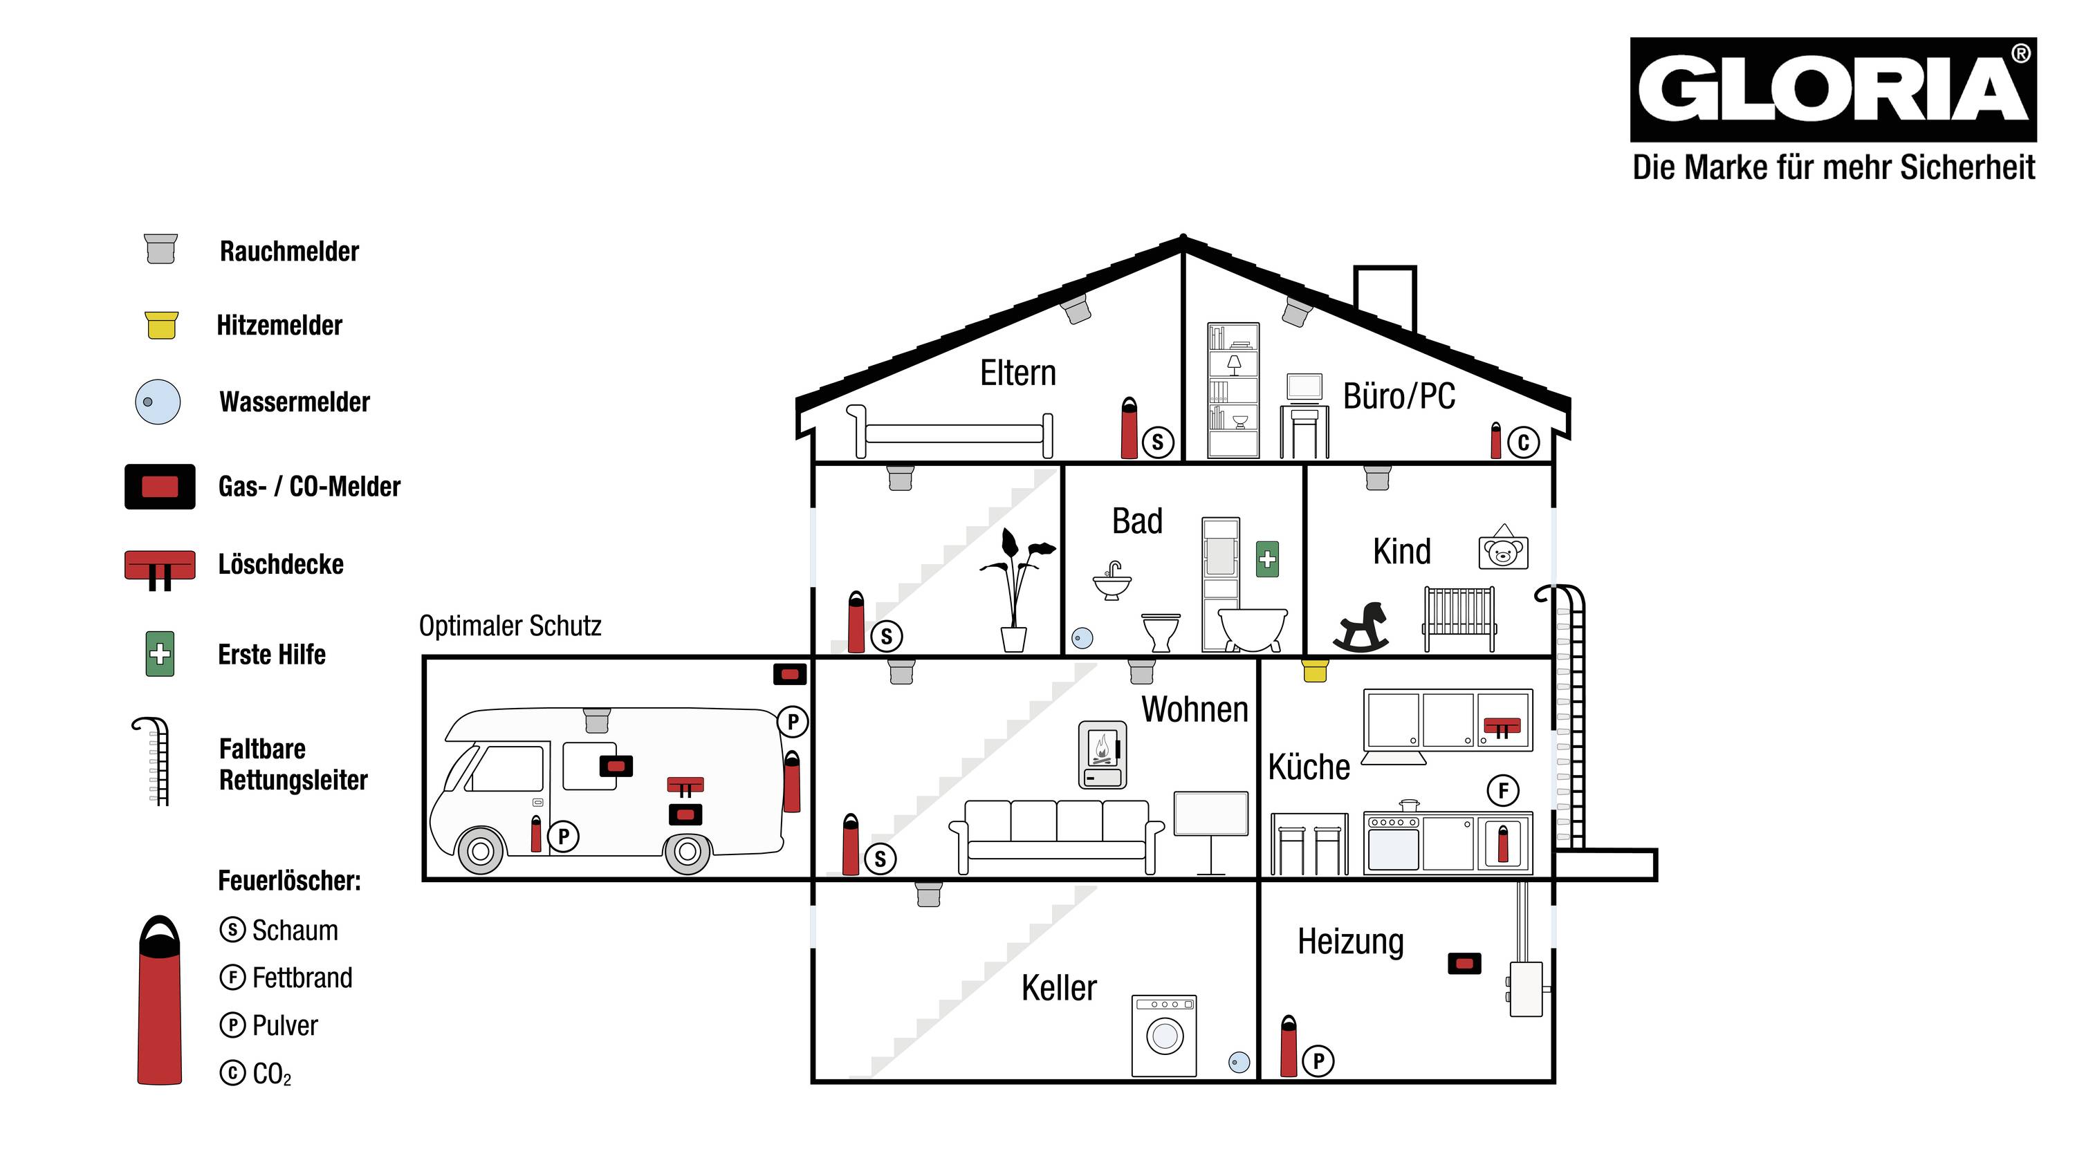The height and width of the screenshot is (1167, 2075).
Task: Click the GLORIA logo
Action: point(1832,89)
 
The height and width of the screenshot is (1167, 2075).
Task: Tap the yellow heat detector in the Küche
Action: point(1315,670)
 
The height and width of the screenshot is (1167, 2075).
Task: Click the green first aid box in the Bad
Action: point(1267,559)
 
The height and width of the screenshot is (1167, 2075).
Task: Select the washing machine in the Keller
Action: point(1164,1036)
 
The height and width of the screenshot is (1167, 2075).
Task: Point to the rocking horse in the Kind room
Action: point(1361,626)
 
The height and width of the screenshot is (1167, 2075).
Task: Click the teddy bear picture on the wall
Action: point(1503,552)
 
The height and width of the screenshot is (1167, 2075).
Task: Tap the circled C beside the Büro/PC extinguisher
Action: point(1523,442)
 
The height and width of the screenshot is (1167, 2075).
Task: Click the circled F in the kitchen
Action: point(1503,791)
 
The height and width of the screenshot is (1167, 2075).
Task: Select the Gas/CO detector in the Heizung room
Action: point(1464,963)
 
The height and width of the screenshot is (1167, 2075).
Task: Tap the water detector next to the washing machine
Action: point(1239,1063)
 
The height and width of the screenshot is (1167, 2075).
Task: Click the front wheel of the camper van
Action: point(480,850)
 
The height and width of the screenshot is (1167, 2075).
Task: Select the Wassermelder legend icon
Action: point(158,402)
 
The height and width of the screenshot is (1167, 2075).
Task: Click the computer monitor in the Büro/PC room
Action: point(1304,386)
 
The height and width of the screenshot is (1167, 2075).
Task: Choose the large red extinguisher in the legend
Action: point(160,1002)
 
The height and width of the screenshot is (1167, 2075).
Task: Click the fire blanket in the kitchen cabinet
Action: point(1502,726)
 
